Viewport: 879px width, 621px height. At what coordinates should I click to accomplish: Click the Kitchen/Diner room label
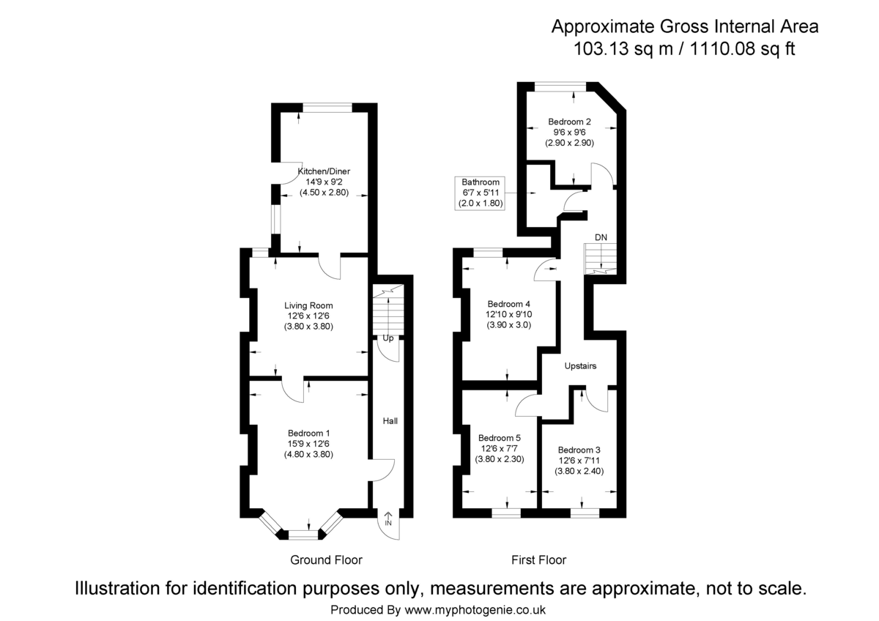pos(323,171)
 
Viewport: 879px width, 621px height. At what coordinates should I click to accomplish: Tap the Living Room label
pos(308,305)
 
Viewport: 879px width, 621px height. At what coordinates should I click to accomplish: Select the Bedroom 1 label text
pos(308,432)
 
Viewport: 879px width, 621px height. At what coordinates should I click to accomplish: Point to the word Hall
pos(390,421)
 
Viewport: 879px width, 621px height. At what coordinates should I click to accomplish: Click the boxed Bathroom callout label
pos(480,182)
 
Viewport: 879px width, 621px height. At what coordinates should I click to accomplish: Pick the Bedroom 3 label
pos(579,450)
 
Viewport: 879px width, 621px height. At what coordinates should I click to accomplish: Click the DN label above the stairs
pos(601,237)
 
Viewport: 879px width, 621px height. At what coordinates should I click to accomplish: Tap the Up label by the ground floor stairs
pos(388,338)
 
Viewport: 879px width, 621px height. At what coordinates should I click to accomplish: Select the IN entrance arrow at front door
pos(387,521)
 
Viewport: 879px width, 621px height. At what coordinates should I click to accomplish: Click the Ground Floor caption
pos(326,560)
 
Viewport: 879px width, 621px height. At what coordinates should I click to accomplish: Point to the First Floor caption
pos(538,560)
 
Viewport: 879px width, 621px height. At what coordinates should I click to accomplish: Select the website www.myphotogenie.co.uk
pos(475,609)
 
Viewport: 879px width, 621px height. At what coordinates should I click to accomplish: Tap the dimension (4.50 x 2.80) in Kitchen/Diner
pos(323,193)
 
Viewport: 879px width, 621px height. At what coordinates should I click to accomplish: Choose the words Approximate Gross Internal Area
pos(684,27)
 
